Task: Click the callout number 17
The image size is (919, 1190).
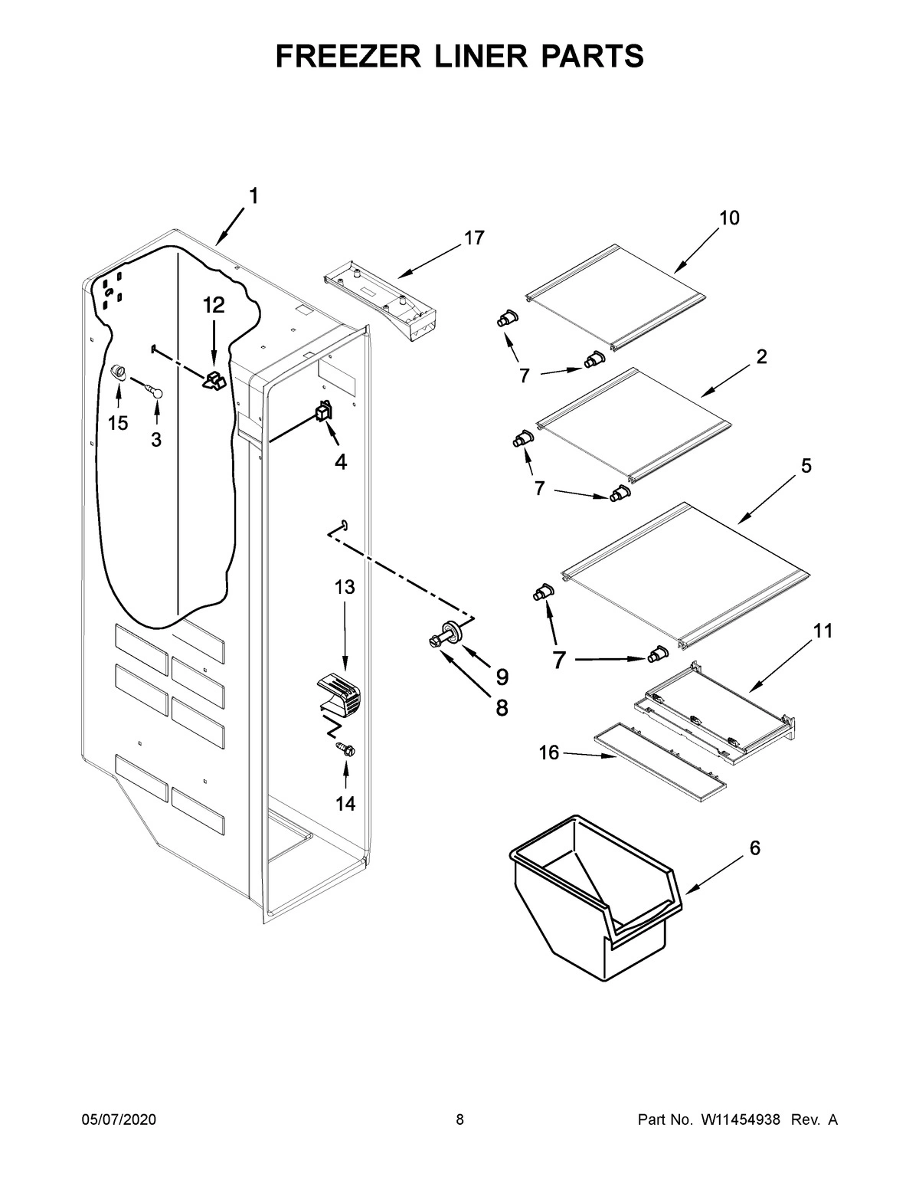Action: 474,238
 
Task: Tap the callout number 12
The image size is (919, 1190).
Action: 214,306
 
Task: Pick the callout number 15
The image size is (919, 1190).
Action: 118,423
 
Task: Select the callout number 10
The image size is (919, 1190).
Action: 729,218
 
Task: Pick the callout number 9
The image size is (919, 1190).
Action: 502,677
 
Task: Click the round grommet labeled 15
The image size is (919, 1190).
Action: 118,372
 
